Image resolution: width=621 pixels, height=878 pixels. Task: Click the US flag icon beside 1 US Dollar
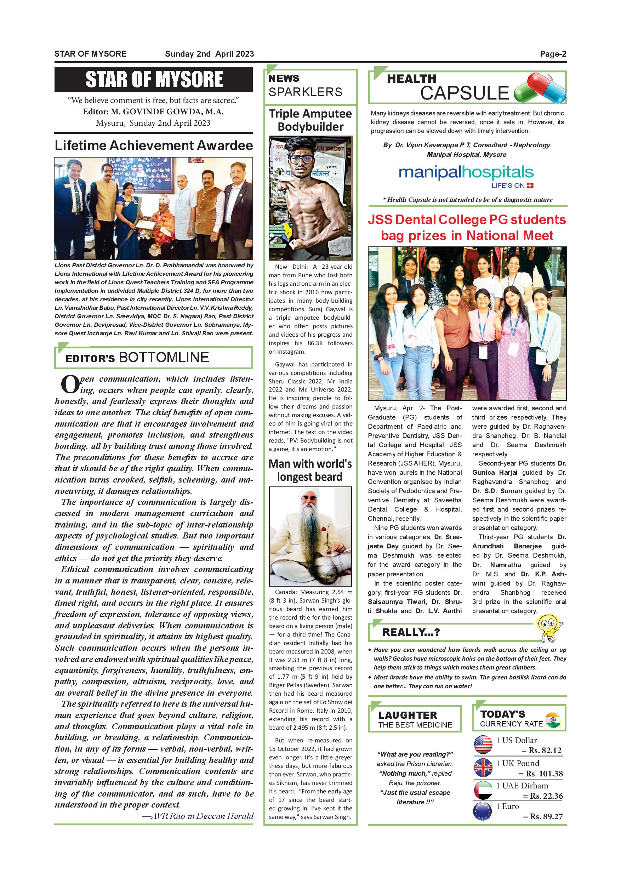coord(483,745)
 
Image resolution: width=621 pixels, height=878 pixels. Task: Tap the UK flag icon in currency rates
coord(483,768)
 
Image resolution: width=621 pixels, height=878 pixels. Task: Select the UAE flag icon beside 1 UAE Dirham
coord(483,790)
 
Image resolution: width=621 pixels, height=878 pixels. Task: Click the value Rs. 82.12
coord(545,750)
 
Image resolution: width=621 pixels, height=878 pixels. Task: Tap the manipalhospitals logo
coord(466,174)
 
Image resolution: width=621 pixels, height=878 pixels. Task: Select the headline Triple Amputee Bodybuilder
coord(310,120)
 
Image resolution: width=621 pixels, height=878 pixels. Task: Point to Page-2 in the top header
coord(553,54)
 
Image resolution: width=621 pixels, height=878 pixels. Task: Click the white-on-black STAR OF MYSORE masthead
coord(154,79)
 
